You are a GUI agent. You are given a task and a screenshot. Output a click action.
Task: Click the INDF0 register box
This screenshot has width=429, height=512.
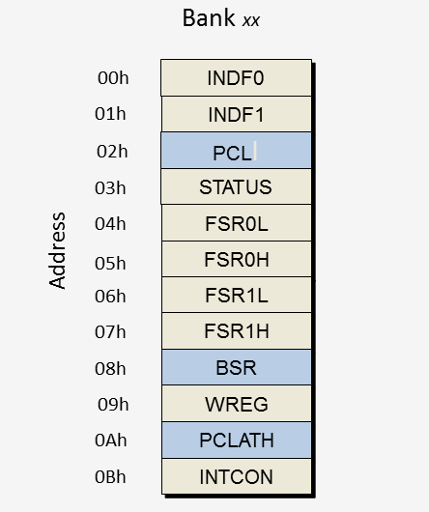pos(236,78)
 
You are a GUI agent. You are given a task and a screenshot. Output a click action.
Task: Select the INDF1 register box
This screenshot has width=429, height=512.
pos(236,114)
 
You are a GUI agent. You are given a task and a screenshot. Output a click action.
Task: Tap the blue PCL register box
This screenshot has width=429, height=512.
pos(236,151)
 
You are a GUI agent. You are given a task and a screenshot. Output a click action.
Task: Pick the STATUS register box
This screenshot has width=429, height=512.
pos(236,186)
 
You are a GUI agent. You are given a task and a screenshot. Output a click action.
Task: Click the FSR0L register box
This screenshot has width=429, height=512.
pos(236,223)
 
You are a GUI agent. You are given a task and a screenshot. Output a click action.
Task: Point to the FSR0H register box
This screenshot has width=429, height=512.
pos(236,259)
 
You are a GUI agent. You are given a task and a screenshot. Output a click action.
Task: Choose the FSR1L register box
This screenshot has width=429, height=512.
pos(236,296)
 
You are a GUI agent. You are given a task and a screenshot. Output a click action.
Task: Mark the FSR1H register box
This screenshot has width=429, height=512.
pos(236,331)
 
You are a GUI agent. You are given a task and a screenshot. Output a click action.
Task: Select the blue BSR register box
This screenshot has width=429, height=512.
pos(236,367)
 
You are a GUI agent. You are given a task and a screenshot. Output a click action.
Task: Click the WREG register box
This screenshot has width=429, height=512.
pos(236,404)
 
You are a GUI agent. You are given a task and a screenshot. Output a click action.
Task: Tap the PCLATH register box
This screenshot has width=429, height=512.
pos(236,441)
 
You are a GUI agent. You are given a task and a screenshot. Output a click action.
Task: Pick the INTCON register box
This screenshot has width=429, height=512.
pos(236,476)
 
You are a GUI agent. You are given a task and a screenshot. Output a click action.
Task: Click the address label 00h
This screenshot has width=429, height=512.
pos(112,78)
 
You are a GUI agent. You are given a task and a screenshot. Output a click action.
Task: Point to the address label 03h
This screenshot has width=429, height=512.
pos(112,188)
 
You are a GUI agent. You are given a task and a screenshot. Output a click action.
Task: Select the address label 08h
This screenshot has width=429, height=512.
pos(112,368)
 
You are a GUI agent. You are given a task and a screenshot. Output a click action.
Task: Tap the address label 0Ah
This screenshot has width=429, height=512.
pos(112,441)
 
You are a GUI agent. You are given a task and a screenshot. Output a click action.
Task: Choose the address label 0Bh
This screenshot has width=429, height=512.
pos(112,477)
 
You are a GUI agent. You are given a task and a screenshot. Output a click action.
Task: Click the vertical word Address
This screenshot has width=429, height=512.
pos(58,250)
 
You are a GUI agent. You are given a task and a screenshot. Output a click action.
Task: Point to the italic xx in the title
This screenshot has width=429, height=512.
pos(251,21)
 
